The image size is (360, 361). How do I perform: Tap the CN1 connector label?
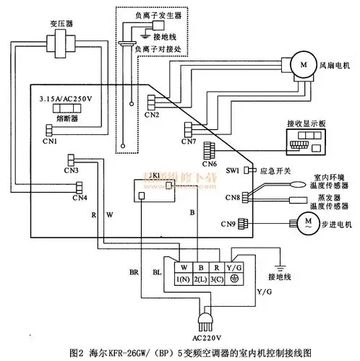click(x=50, y=142)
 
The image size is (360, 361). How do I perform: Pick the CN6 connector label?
click(x=210, y=164)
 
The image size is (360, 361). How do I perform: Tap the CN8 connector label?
click(x=232, y=197)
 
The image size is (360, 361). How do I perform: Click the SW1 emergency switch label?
click(x=232, y=170)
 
